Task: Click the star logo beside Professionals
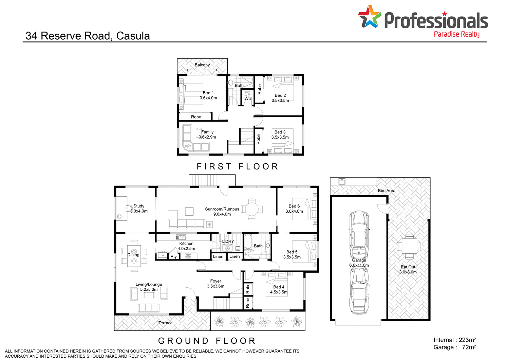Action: (370, 16)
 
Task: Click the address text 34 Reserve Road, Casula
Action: (88, 36)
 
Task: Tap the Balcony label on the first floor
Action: (202, 65)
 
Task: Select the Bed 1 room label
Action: (208, 95)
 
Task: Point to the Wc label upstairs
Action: (248, 99)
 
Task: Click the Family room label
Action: (207, 134)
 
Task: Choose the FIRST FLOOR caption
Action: (238, 166)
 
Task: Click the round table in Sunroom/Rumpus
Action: (252, 209)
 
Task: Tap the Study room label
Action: (139, 209)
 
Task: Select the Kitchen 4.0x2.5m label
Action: (186, 246)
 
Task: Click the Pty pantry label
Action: (174, 256)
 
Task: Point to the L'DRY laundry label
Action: (228, 241)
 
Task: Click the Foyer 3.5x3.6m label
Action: (215, 284)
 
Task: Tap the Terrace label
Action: (166, 323)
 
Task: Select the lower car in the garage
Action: (359, 291)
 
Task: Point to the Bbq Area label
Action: (387, 191)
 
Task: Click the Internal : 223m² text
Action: (454, 340)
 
